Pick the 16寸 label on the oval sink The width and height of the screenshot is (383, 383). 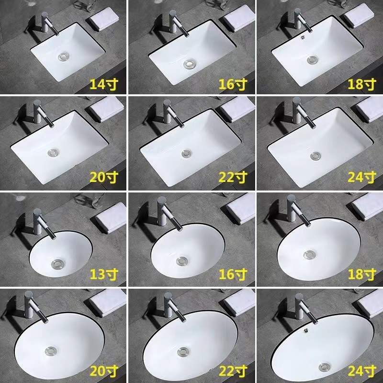click(233, 274)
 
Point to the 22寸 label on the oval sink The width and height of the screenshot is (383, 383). click(233, 370)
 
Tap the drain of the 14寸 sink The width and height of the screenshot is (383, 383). click(64, 57)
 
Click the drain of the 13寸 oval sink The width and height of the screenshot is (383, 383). click(57, 263)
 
